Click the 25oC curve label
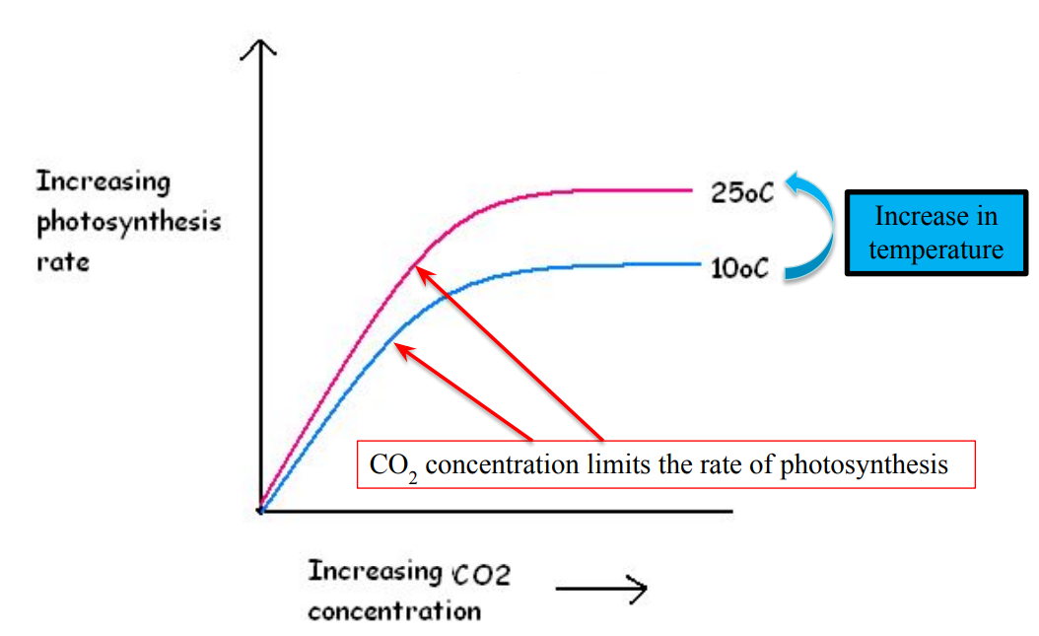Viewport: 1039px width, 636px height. (x=741, y=192)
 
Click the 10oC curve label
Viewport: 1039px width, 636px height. (x=739, y=267)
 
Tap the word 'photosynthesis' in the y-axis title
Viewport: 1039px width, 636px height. (x=128, y=223)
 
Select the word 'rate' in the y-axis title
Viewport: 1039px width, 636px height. (x=62, y=263)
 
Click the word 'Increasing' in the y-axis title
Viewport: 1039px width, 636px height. (x=104, y=182)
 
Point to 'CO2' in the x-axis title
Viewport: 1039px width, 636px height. (x=481, y=574)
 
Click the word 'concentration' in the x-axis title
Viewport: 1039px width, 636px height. (x=394, y=611)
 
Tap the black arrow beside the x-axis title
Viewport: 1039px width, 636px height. (x=601, y=590)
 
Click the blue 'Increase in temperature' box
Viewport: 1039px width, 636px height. (x=935, y=233)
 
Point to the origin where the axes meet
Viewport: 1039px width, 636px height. (x=260, y=511)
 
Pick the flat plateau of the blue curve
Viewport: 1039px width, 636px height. (x=611, y=264)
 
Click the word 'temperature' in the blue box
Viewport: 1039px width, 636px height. (x=935, y=249)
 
